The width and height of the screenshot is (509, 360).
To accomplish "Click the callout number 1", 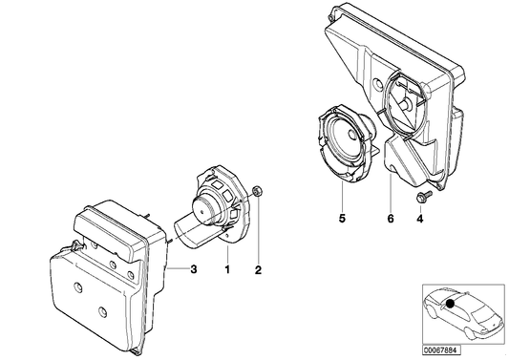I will coord(226,270).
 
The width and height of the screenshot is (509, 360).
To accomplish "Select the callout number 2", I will coord(257,270).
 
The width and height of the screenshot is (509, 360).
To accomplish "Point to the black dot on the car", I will coord(448,305).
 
